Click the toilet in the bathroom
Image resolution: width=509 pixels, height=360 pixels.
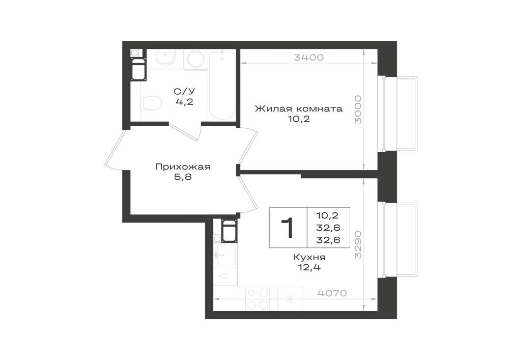152,102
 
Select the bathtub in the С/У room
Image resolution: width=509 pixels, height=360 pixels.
222,86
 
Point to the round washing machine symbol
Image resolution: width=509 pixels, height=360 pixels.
196,60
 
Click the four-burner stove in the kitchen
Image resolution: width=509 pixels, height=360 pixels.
258,299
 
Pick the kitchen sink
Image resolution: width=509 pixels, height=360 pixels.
225,255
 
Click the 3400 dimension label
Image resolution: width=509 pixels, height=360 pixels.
309,58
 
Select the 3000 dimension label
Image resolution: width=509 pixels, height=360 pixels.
358,109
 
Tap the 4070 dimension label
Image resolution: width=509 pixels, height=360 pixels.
332,293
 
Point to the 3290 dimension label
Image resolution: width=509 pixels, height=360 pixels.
358,244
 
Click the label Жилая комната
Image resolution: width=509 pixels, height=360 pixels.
298,108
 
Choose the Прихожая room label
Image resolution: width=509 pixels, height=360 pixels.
183,167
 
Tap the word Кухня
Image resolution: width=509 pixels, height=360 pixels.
309,258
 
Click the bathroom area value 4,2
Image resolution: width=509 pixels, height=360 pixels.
184,102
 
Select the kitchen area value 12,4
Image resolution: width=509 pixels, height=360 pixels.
309,267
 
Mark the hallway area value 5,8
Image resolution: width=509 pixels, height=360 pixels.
183,177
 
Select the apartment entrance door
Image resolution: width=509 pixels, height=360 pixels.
115,149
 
